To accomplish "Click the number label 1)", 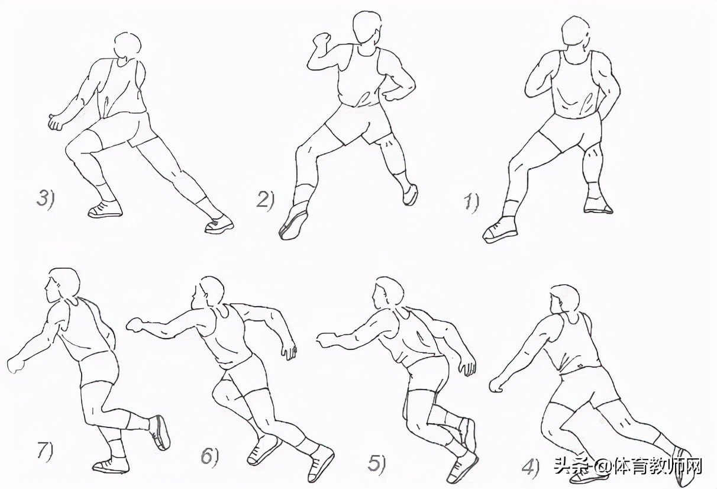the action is pyautogui.click(x=471, y=203).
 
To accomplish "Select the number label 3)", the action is pyautogui.click(x=46, y=198).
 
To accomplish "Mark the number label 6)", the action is pyautogui.click(x=209, y=457).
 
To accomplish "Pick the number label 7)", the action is pyautogui.click(x=45, y=452).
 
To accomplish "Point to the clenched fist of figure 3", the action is pyautogui.click(x=57, y=121).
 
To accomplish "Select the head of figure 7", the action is pyautogui.click(x=63, y=286).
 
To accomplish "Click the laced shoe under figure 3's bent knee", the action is pyautogui.click(x=105, y=210).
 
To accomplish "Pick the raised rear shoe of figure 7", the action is pyautogui.click(x=160, y=432).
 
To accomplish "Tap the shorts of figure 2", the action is pyautogui.click(x=358, y=123).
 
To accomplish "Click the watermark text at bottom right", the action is pyautogui.click(x=628, y=467).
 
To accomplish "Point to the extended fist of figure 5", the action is pyautogui.click(x=325, y=340).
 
